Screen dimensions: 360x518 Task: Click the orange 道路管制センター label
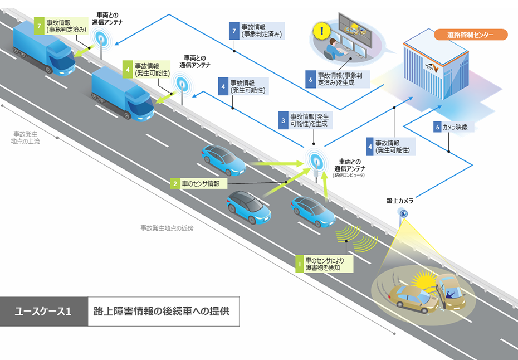click(x=471, y=35)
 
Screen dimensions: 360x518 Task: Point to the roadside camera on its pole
click(x=402, y=213)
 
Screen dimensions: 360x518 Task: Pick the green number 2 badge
click(x=175, y=182)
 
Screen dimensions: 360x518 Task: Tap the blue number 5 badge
click(x=437, y=127)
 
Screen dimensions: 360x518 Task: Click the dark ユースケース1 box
click(x=43, y=311)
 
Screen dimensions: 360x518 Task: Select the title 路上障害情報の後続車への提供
click(x=162, y=311)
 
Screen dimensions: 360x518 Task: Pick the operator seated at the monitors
click(x=333, y=48)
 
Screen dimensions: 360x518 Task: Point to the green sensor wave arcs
click(x=357, y=239)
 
